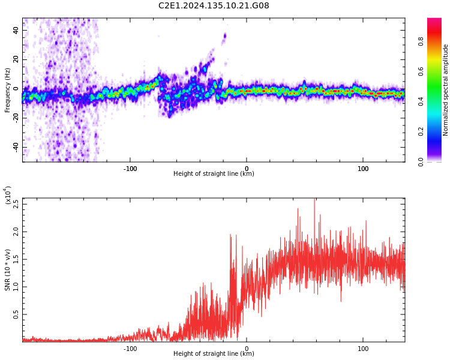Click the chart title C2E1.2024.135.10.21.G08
[214, 6]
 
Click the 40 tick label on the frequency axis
[16, 30]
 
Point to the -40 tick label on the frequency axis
[14, 147]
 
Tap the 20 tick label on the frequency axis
[16, 59]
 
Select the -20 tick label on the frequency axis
[14, 118]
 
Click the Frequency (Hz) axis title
[8, 90]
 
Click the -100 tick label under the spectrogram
[130, 169]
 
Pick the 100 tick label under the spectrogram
[363, 169]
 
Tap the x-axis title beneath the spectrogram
[214, 174]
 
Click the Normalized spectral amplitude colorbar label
[446, 90]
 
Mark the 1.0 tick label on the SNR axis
[16, 286]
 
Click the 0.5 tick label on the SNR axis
[16, 314]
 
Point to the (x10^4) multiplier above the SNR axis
[8, 196]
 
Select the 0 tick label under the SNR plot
[247, 348]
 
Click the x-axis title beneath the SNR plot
[214, 354]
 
